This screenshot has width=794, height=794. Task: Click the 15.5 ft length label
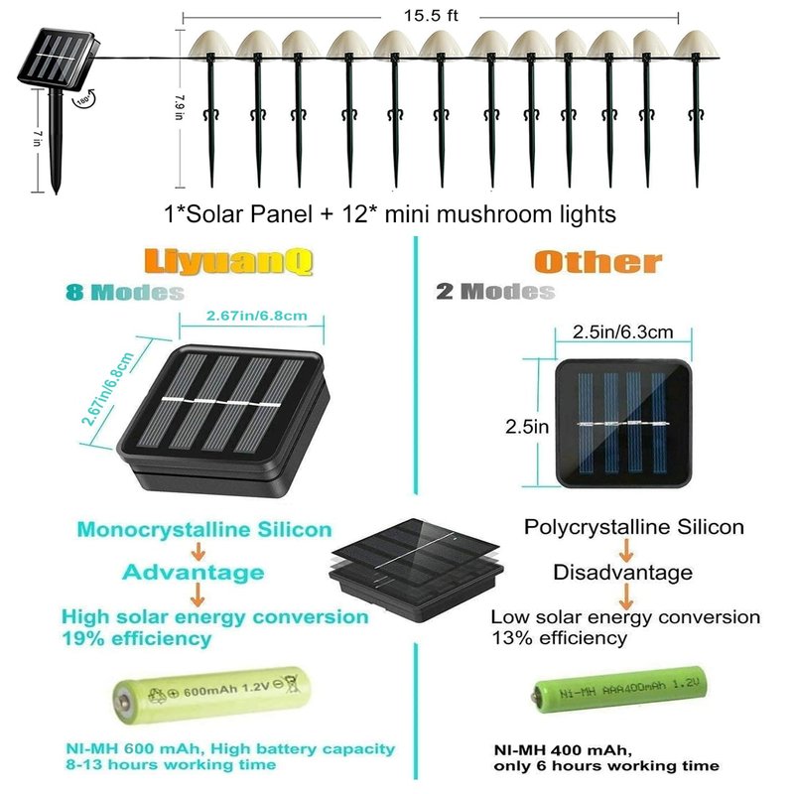(x=431, y=16)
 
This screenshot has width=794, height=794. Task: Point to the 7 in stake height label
(x=38, y=138)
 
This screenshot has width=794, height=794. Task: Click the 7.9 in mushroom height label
(x=180, y=107)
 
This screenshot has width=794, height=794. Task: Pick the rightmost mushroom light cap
(x=697, y=45)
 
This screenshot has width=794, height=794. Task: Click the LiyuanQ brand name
(x=228, y=262)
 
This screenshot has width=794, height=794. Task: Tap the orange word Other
(x=598, y=262)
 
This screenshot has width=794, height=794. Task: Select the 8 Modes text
(x=125, y=293)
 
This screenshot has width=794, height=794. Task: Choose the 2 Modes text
(x=495, y=292)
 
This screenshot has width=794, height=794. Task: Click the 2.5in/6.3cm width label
(x=623, y=332)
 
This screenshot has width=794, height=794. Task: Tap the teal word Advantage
(x=193, y=573)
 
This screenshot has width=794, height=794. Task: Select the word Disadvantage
(x=623, y=573)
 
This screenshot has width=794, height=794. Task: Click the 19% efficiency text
(x=136, y=639)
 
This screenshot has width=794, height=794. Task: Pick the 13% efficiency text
(x=560, y=638)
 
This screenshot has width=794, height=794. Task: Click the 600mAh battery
(x=211, y=694)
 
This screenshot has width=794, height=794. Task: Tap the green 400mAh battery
(x=618, y=690)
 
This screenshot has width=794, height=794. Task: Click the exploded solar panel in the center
(x=416, y=570)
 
